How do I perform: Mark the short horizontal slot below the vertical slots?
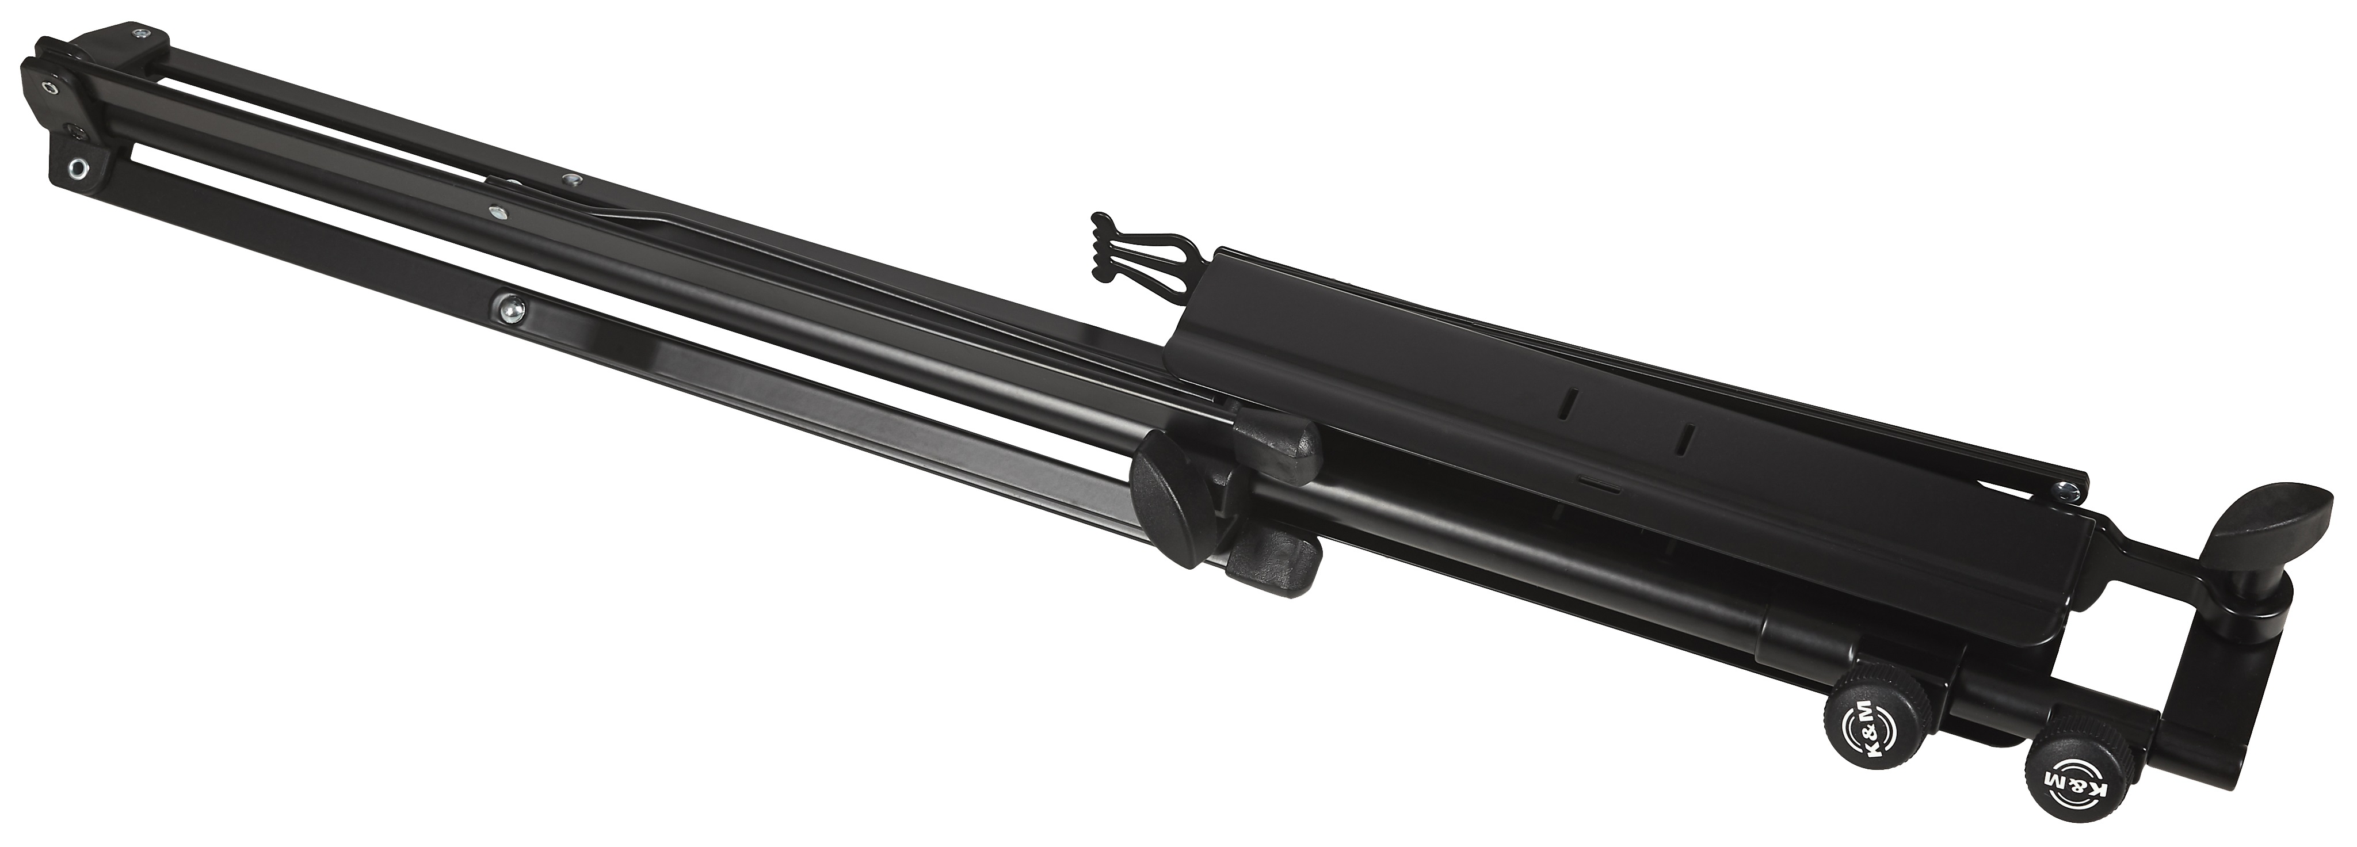[x=1597, y=479]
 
